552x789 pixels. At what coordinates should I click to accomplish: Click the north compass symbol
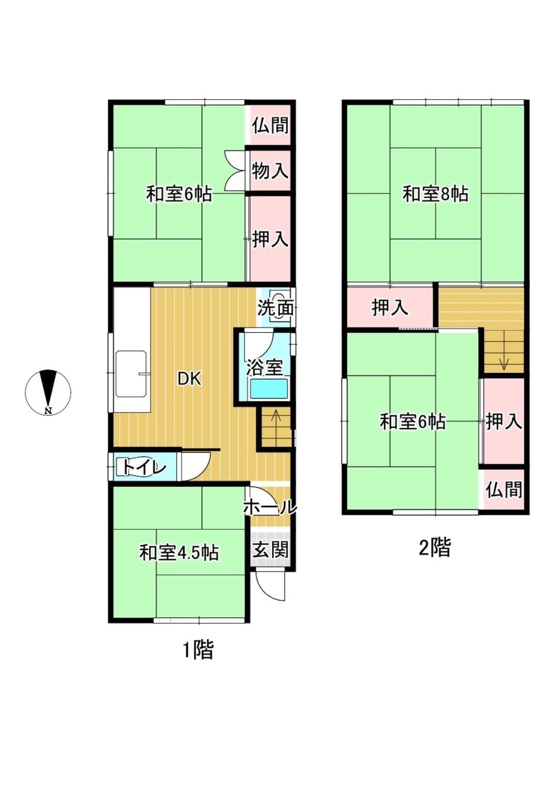point(48,392)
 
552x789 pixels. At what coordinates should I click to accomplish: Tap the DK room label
point(189,379)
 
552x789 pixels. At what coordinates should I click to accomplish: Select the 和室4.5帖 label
point(179,552)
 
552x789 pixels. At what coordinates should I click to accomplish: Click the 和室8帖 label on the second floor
point(435,194)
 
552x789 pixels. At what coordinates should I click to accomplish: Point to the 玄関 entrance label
point(270,550)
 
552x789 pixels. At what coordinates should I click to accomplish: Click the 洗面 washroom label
point(275,308)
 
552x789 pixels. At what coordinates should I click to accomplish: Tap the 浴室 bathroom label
point(264,367)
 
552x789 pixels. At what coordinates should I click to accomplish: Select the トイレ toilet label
point(144,467)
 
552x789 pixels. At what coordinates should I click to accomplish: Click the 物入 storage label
point(270,171)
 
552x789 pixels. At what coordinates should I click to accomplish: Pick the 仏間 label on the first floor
point(270,125)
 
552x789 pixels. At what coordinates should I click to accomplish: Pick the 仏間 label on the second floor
point(504,490)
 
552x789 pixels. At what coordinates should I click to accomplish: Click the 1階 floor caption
point(198,650)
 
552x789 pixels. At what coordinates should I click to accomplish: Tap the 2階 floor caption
point(434,547)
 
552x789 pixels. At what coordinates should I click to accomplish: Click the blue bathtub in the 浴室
point(268,389)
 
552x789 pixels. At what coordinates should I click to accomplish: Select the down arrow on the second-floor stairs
point(504,363)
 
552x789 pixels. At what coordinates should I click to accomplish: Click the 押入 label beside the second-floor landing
point(389,308)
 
